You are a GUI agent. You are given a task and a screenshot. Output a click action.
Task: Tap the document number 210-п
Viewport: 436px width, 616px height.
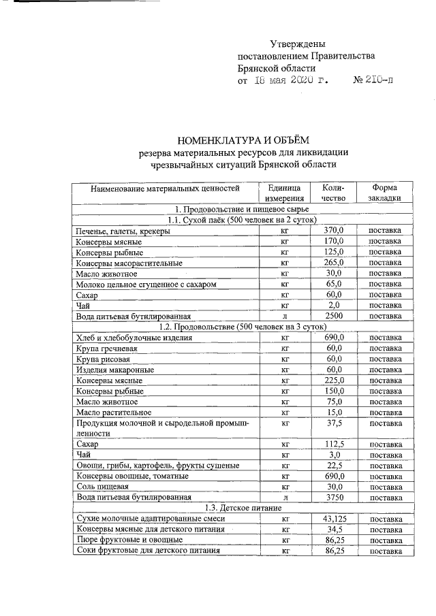(373, 80)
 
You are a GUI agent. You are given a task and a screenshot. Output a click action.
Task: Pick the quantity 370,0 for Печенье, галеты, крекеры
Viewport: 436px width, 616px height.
(333, 231)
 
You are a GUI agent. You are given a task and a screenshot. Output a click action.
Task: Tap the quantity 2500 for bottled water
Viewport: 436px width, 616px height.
(333, 316)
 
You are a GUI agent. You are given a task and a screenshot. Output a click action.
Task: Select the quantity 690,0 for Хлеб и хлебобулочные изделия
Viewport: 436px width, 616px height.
(333, 337)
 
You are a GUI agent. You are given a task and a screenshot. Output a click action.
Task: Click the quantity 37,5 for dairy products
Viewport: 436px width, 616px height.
(333, 423)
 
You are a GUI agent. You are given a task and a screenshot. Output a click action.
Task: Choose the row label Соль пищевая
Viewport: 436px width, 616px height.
(102, 487)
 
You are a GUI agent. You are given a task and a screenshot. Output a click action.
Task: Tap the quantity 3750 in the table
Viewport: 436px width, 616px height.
(333, 497)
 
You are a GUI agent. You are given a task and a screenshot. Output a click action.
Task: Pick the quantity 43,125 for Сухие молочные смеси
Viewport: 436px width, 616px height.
(333, 519)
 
